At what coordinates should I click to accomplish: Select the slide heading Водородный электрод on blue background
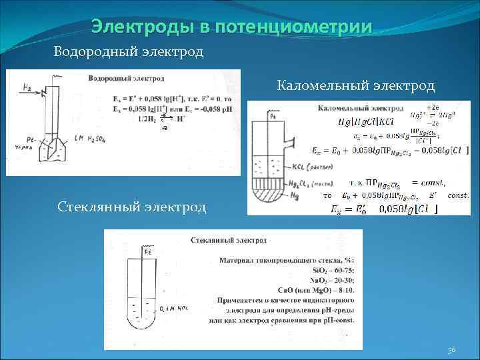tap(129, 51)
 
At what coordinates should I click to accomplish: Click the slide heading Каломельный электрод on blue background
tap(356, 85)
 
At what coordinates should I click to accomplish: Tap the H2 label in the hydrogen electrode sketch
tap(27, 87)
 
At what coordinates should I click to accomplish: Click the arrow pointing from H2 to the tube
tap(40, 91)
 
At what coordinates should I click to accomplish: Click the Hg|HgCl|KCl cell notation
tap(366, 121)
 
